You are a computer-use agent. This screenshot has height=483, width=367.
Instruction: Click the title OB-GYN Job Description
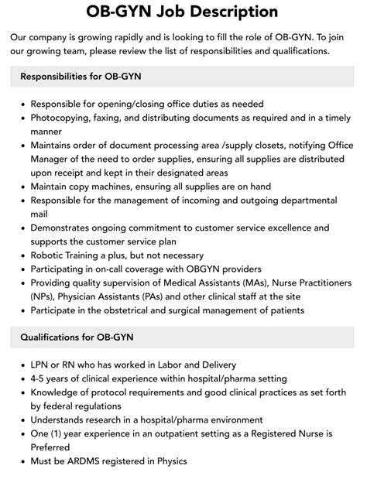click(183, 12)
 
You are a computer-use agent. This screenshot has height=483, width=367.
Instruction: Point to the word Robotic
click(50, 255)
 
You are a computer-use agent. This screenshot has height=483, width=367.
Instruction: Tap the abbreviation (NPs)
click(44, 296)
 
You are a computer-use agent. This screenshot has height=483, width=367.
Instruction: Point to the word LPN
click(42, 365)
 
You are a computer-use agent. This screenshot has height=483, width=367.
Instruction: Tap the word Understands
click(62, 420)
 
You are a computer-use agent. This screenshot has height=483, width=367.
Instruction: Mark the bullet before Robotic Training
click(23, 255)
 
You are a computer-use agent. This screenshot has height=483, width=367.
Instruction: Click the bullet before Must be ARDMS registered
click(23, 462)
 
